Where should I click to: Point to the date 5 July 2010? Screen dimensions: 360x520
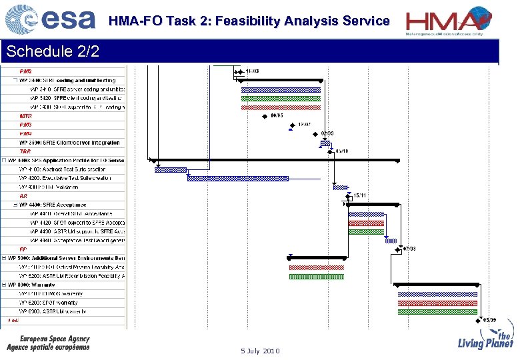point(260,351)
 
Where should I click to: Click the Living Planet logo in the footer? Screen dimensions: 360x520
point(485,341)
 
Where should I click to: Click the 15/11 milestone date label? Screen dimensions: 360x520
point(359,195)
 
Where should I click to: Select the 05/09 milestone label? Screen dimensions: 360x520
point(489,320)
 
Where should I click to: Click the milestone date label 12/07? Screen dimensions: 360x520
point(304,124)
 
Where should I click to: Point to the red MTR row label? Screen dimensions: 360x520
point(25,116)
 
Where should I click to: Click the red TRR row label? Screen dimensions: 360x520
point(25,151)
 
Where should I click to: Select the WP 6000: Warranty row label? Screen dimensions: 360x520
point(41,285)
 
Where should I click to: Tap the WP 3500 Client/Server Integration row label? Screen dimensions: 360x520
point(69,143)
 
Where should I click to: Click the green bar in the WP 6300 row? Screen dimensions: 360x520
point(437,311)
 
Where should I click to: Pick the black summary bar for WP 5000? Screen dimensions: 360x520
point(317,257)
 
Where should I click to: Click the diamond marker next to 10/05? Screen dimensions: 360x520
point(265,115)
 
